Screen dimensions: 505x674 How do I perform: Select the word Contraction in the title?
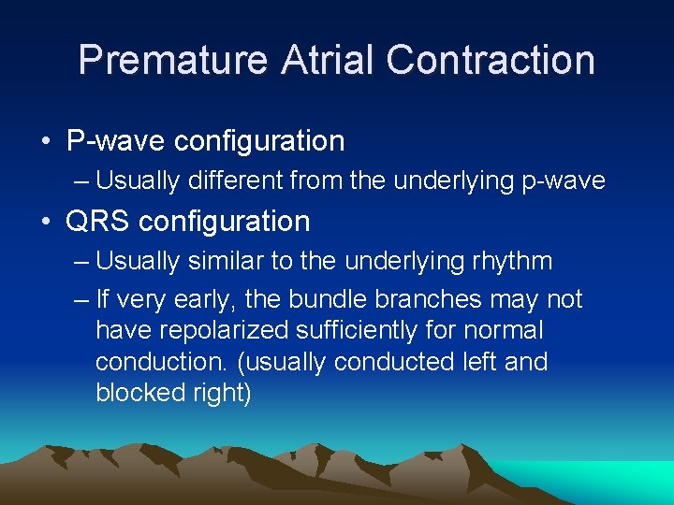(490, 60)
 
